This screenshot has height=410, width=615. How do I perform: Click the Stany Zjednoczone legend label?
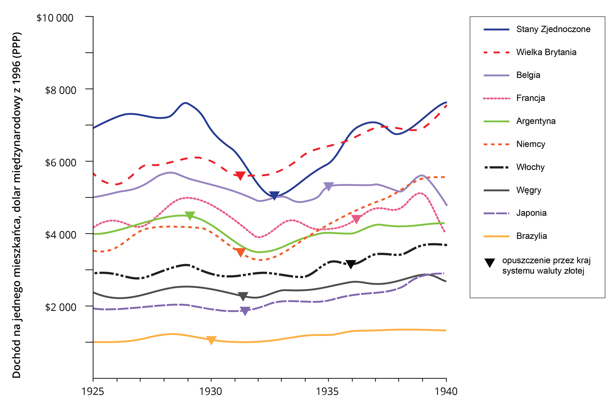(x=553, y=29)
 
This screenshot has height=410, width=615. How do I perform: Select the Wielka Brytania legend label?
(x=546, y=52)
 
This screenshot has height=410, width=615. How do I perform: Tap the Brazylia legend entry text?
(x=531, y=236)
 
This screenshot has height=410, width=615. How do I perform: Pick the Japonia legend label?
(x=531, y=213)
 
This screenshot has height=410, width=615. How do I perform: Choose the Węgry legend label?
(x=528, y=190)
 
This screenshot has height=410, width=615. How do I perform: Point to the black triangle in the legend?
(x=490, y=263)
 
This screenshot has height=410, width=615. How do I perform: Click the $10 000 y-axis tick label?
(x=55, y=18)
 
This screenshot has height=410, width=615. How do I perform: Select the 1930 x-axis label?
(x=211, y=391)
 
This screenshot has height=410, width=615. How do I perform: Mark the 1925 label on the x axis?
(x=93, y=391)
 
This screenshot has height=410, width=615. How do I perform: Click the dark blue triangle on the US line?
(x=274, y=195)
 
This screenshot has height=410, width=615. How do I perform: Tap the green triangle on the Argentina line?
(x=190, y=216)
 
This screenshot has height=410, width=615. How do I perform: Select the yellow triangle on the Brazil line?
(x=211, y=340)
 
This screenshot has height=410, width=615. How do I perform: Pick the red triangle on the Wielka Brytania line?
(x=240, y=175)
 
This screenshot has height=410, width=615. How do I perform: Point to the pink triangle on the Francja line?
(x=356, y=219)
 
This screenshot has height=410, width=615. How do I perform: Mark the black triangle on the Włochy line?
(x=351, y=264)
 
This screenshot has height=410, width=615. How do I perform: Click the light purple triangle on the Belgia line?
(x=328, y=186)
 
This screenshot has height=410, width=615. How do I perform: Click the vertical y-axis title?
(x=17, y=205)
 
